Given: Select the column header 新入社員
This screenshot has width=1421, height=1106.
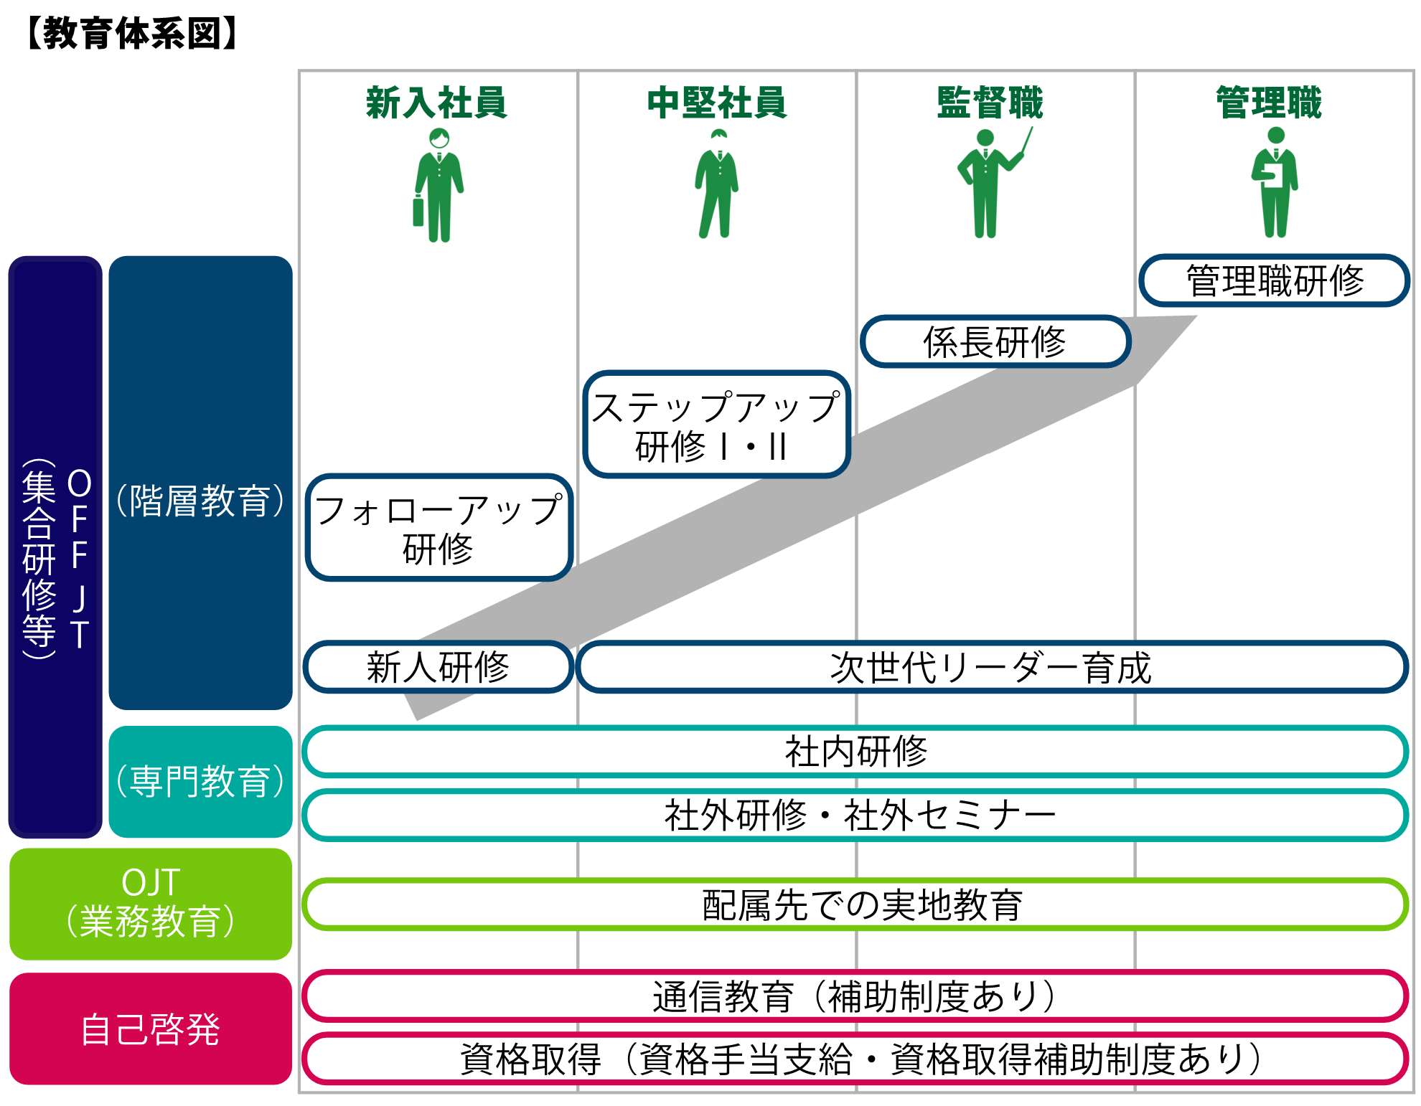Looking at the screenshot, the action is pyautogui.click(x=436, y=103).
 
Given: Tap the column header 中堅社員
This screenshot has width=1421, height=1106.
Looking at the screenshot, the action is pyautogui.click(x=717, y=103).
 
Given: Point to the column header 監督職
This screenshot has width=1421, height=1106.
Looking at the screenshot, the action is pyautogui.click(x=990, y=103).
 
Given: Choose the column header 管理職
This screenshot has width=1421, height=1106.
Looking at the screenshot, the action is pyautogui.click(x=1269, y=103).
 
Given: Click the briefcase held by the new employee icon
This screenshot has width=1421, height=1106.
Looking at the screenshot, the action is pyautogui.click(x=418, y=210).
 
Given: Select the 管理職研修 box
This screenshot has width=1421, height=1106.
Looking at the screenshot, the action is pyautogui.click(x=1274, y=280).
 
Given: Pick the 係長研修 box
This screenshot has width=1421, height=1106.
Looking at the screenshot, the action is pyautogui.click(x=995, y=341).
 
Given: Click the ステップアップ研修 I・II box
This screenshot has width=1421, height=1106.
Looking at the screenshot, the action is pyautogui.click(x=716, y=425).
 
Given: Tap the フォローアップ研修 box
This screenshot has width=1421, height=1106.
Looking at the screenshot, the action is pyautogui.click(x=439, y=528).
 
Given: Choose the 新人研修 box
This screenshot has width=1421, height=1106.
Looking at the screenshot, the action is pyautogui.click(x=439, y=667).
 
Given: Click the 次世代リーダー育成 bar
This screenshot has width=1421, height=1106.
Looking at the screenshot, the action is pyautogui.click(x=992, y=667).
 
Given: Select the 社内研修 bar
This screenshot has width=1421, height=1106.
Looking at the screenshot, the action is pyautogui.click(x=855, y=752).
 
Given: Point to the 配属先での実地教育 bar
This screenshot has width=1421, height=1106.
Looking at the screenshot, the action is pyautogui.click(x=855, y=904).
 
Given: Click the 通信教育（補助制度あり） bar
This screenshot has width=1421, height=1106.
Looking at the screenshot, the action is pyautogui.click(x=855, y=996).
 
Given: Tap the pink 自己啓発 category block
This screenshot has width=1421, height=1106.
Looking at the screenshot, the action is pyautogui.click(x=151, y=1029).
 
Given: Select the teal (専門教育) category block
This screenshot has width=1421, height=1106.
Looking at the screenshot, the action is pyautogui.click(x=201, y=782).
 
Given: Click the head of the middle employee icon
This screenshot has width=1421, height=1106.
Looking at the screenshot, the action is pyautogui.click(x=718, y=136).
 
